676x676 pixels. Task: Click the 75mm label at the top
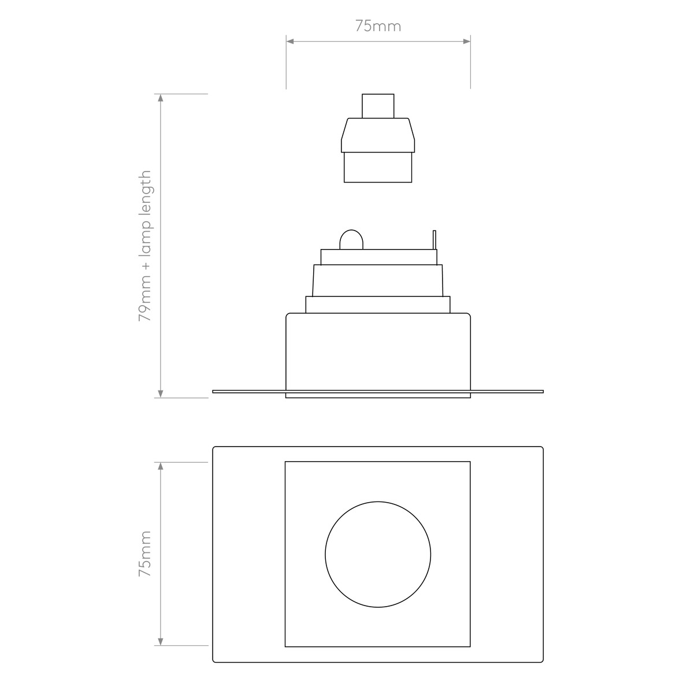pos(378,26)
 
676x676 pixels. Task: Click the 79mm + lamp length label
pos(144,246)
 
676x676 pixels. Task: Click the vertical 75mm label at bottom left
pos(144,554)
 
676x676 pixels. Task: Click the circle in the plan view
pos(378,554)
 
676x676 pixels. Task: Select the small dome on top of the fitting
pos(351,240)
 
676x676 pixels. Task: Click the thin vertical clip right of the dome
pos(434,240)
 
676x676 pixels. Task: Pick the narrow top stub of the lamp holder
pos(378,106)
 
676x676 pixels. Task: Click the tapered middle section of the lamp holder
pos(378,135)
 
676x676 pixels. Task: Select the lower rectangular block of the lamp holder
pos(378,168)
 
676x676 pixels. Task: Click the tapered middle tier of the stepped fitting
pos(378,280)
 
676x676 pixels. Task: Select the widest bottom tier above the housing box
pos(378,304)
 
